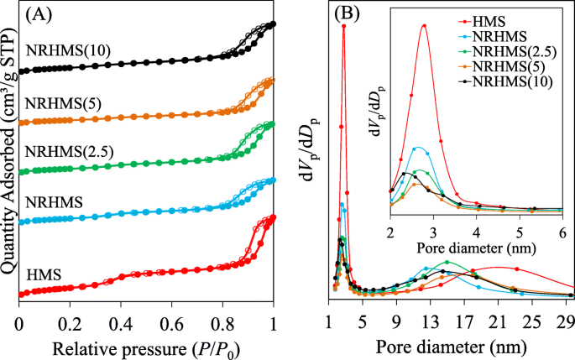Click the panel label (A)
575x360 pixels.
click(42, 14)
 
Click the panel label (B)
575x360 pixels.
click(348, 14)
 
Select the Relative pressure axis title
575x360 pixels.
click(147, 346)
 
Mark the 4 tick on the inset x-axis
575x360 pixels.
click(476, 232)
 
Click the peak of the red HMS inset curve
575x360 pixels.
click(424, 25)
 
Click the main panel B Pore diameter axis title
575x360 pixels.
click(452, 346)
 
